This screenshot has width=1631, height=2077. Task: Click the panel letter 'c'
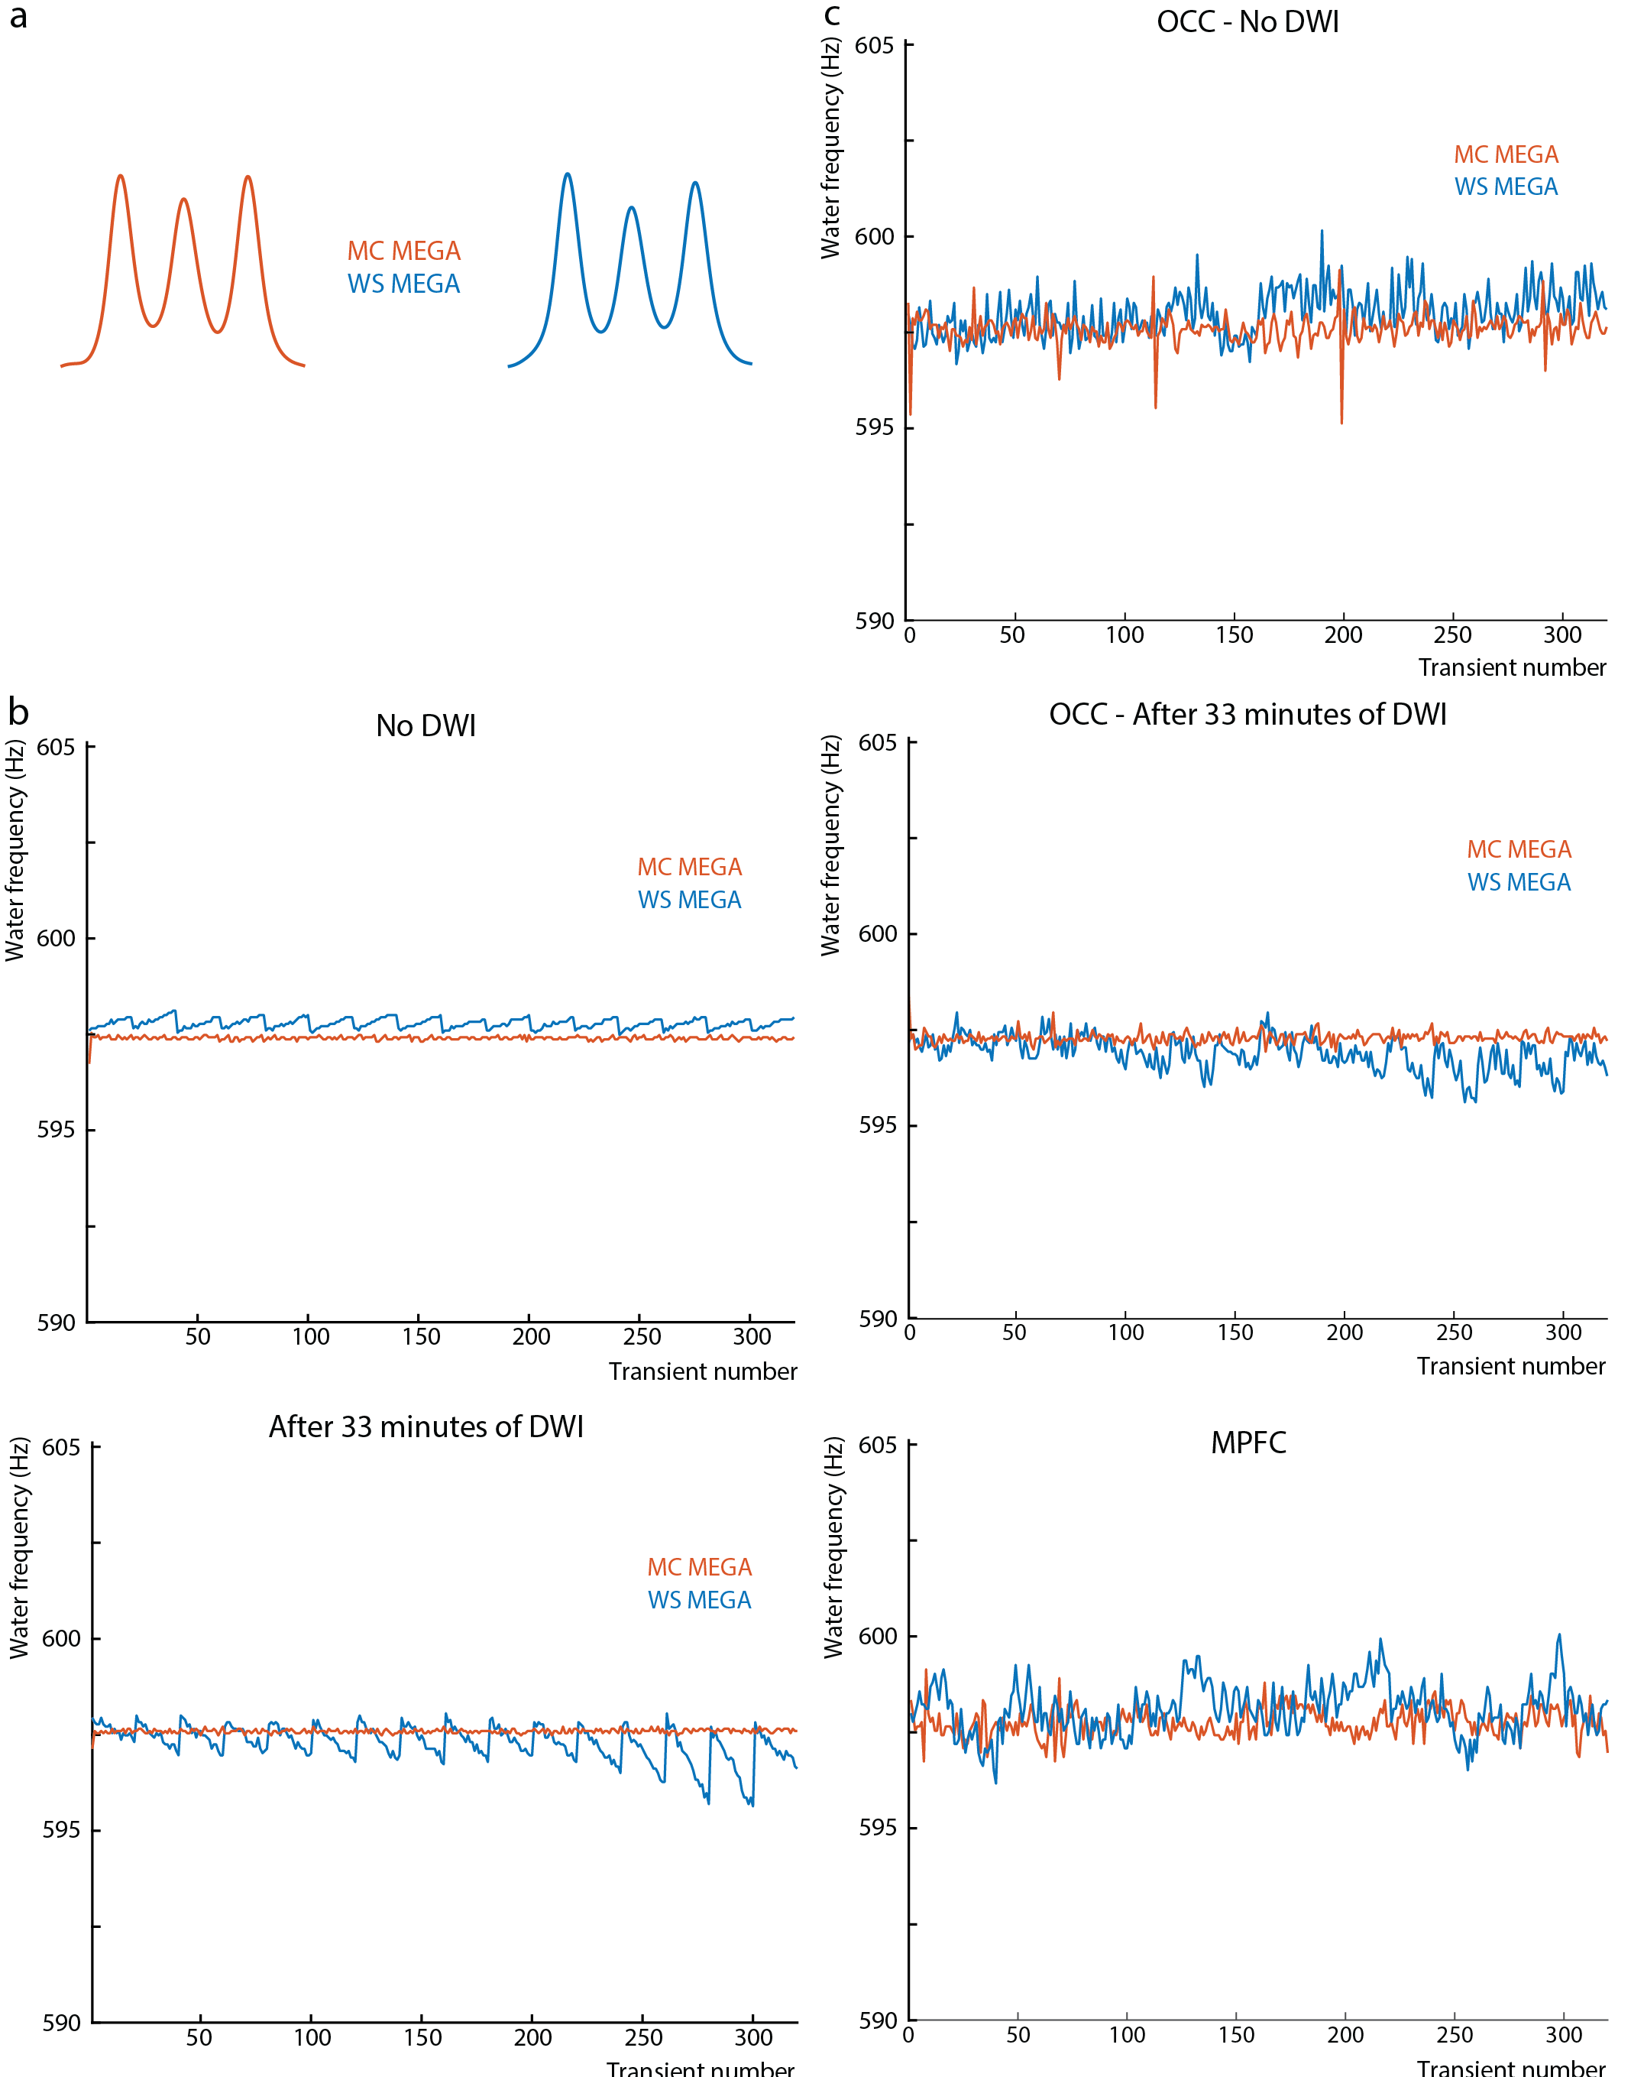[x=832, y=15]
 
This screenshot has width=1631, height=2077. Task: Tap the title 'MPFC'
[x=1248, y=1442]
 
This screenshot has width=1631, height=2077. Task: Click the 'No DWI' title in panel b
[x=426, y=726]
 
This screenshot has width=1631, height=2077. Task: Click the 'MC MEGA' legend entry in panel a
[x=404, y=252]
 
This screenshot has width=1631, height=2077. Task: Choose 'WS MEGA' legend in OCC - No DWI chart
[x=1506, y=187]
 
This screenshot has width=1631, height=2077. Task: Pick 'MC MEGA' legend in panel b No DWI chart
[x=689, y=868]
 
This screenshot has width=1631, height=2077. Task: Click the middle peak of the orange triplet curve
[x=184, y=200]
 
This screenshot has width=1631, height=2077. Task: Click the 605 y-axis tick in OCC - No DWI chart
[x=874, y=46]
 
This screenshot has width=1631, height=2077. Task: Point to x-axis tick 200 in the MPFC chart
[x=1345, y=2035]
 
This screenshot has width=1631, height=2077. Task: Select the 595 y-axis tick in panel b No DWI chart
[x=55, y=1130]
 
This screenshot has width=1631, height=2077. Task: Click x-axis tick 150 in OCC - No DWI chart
[x=1235, y=635]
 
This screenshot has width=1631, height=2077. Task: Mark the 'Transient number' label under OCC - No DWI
[x=1512, y=668]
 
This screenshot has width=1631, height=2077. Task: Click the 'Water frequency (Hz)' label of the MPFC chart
[x=833, y=1548]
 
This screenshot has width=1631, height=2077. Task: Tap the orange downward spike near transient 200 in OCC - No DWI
[x=1341, y=418]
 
